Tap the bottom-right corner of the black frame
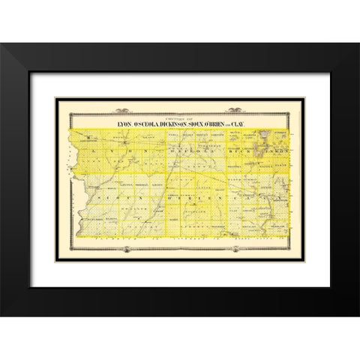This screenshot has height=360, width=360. (x=357, y=314)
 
